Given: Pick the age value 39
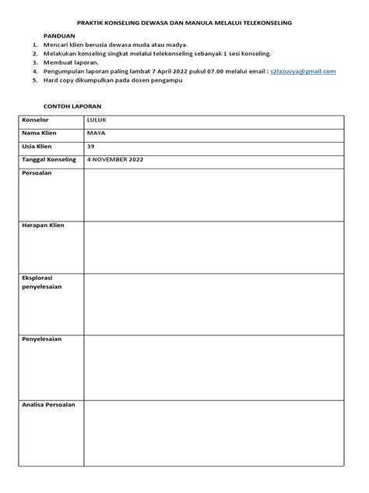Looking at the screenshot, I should (91, 147).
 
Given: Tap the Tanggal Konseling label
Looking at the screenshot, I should (50, 160).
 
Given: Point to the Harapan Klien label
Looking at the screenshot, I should (44, 225).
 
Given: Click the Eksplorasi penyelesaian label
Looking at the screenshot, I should (44, 282).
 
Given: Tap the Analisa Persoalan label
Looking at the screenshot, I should (49, 405).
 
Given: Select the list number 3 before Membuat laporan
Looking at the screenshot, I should (36, 62).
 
